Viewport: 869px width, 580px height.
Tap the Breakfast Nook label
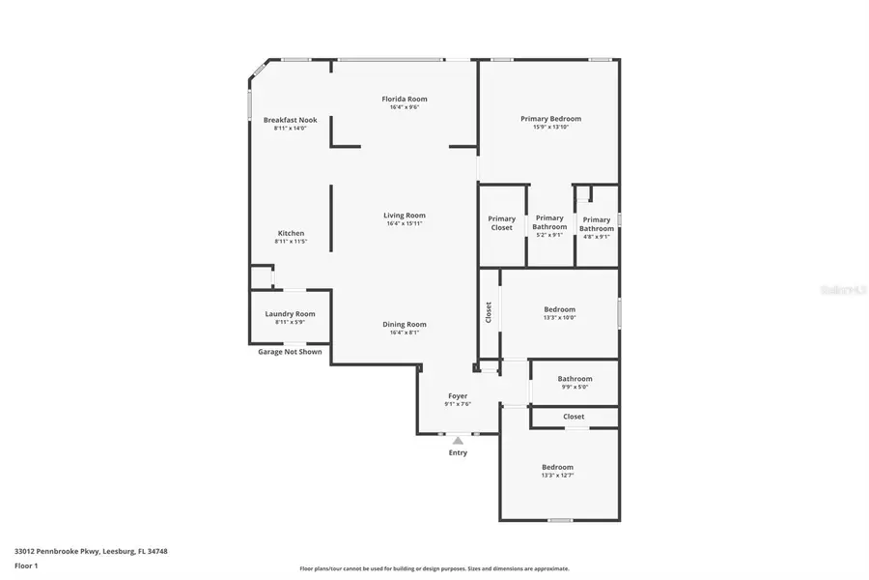[290, 120]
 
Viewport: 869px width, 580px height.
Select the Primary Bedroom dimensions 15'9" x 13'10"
[550, 128]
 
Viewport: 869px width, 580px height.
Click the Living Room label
[405, 216]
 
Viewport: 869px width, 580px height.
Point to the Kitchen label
[291, 233]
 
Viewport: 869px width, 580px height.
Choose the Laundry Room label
[290, 313]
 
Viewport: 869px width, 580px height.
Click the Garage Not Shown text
[290, 352]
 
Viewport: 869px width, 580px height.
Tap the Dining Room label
[405, 325]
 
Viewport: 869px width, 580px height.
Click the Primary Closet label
[501, 223]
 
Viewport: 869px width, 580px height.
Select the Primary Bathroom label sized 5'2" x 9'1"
[549, 222]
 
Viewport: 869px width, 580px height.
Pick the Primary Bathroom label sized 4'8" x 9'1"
[597, 224]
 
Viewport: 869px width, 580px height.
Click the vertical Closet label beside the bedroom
[489, 312]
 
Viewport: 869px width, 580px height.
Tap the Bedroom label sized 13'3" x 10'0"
[559, 309]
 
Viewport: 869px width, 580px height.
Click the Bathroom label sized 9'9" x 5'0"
[575, 379]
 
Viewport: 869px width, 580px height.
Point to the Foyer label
[458, 396]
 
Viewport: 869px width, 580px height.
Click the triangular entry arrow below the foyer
[458, 440]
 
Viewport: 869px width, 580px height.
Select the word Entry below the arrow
[458, 452]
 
